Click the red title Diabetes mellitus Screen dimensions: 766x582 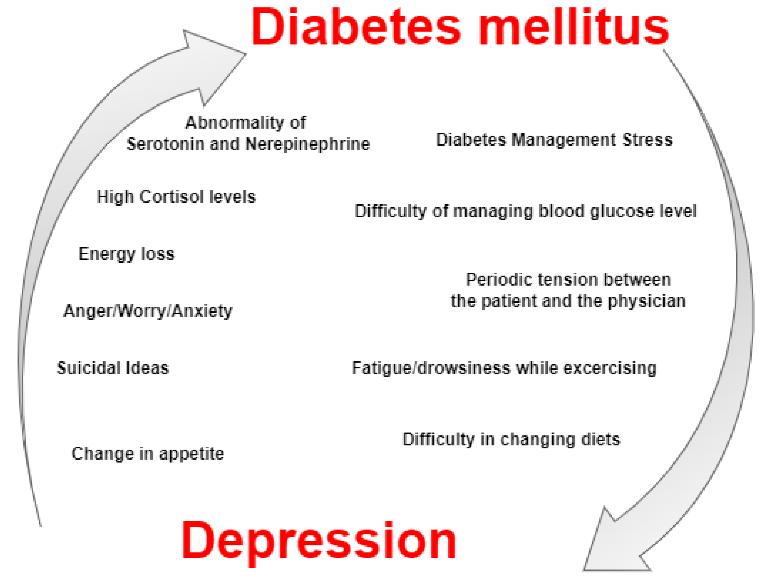(460, 27)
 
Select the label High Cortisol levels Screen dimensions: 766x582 (176, 197)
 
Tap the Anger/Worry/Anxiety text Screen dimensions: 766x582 (148, 311)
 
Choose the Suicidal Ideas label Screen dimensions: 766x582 (113, 368)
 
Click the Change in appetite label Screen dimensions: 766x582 (148, 453)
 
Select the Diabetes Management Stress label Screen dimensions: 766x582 (554, 140)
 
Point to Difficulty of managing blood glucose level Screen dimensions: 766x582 (526, 211)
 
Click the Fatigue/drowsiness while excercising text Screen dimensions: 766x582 (504, 368)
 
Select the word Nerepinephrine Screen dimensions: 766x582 (308, 144)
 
